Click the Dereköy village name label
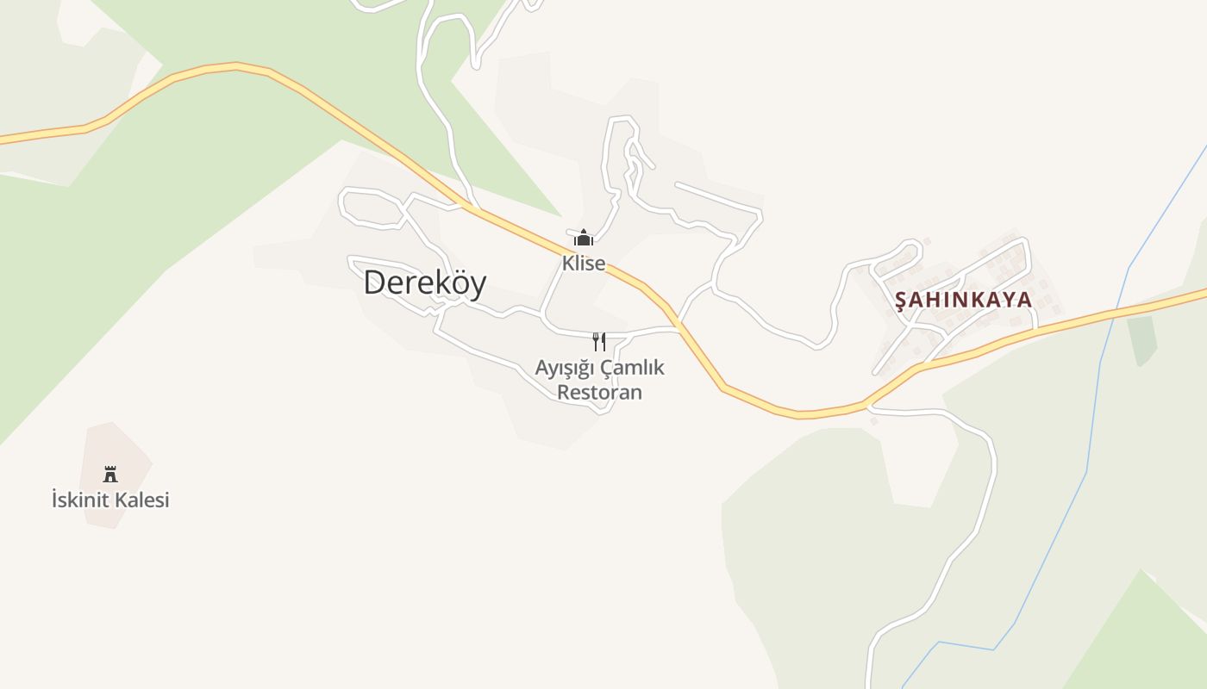click(424, 282)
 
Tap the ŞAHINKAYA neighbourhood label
click(963, 300)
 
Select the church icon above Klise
click(584, 238)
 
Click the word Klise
click(584, 264)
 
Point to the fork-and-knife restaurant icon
click(598, 342)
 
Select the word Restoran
click(599, 393)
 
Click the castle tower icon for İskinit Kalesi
click(110, 474)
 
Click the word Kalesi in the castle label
click(142, 500)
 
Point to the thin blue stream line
click(1093, 413)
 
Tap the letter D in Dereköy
click(373, 282)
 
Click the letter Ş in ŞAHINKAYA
click(901, 301)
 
